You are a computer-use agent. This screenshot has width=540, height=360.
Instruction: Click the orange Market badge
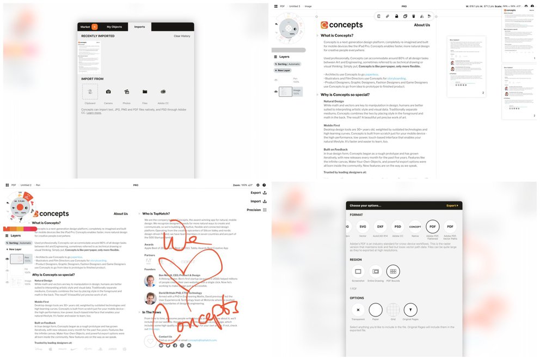point(95,27)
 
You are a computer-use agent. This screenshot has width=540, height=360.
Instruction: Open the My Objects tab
point(114,27)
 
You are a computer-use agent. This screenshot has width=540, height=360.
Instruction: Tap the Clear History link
point(182,36)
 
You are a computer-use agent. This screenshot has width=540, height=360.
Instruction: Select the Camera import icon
point(108,91)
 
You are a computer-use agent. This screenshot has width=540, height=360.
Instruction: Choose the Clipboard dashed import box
point(90,91)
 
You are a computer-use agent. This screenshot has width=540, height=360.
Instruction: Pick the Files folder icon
point(145,91)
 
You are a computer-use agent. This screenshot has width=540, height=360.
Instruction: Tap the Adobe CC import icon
point(163,91)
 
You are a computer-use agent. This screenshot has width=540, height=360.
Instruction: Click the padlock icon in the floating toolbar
point(396,16)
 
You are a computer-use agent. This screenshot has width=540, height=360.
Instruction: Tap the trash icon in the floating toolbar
point(414,16)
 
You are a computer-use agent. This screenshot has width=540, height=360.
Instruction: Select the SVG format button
point(363,226)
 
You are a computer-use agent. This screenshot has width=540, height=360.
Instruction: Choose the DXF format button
point(381,226)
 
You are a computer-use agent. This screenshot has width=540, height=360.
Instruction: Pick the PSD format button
point(398,226)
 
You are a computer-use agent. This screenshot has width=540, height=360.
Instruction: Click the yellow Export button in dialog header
point(452,205)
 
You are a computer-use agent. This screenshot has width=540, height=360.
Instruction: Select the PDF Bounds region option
point(393,271)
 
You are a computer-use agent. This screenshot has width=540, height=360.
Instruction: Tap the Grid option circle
point(393,310)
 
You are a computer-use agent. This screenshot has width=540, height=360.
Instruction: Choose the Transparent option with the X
point(358,310)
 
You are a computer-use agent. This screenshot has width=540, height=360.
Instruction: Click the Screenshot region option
point(358,271)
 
